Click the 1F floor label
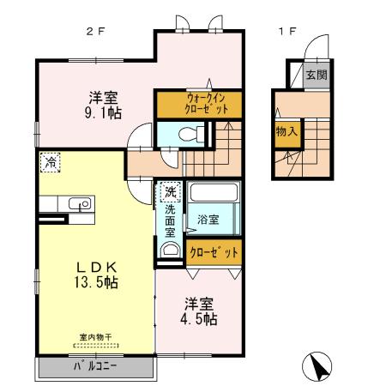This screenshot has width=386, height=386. click(286, 32)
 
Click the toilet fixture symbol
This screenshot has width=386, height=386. click(196, 133)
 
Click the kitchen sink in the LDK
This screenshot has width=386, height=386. click(83, 204)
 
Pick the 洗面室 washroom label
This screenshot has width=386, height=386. click(170, 220)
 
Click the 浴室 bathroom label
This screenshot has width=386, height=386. click(208, 219)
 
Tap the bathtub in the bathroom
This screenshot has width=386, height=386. click(214, 192)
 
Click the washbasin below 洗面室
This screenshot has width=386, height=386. click(169, 250)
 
